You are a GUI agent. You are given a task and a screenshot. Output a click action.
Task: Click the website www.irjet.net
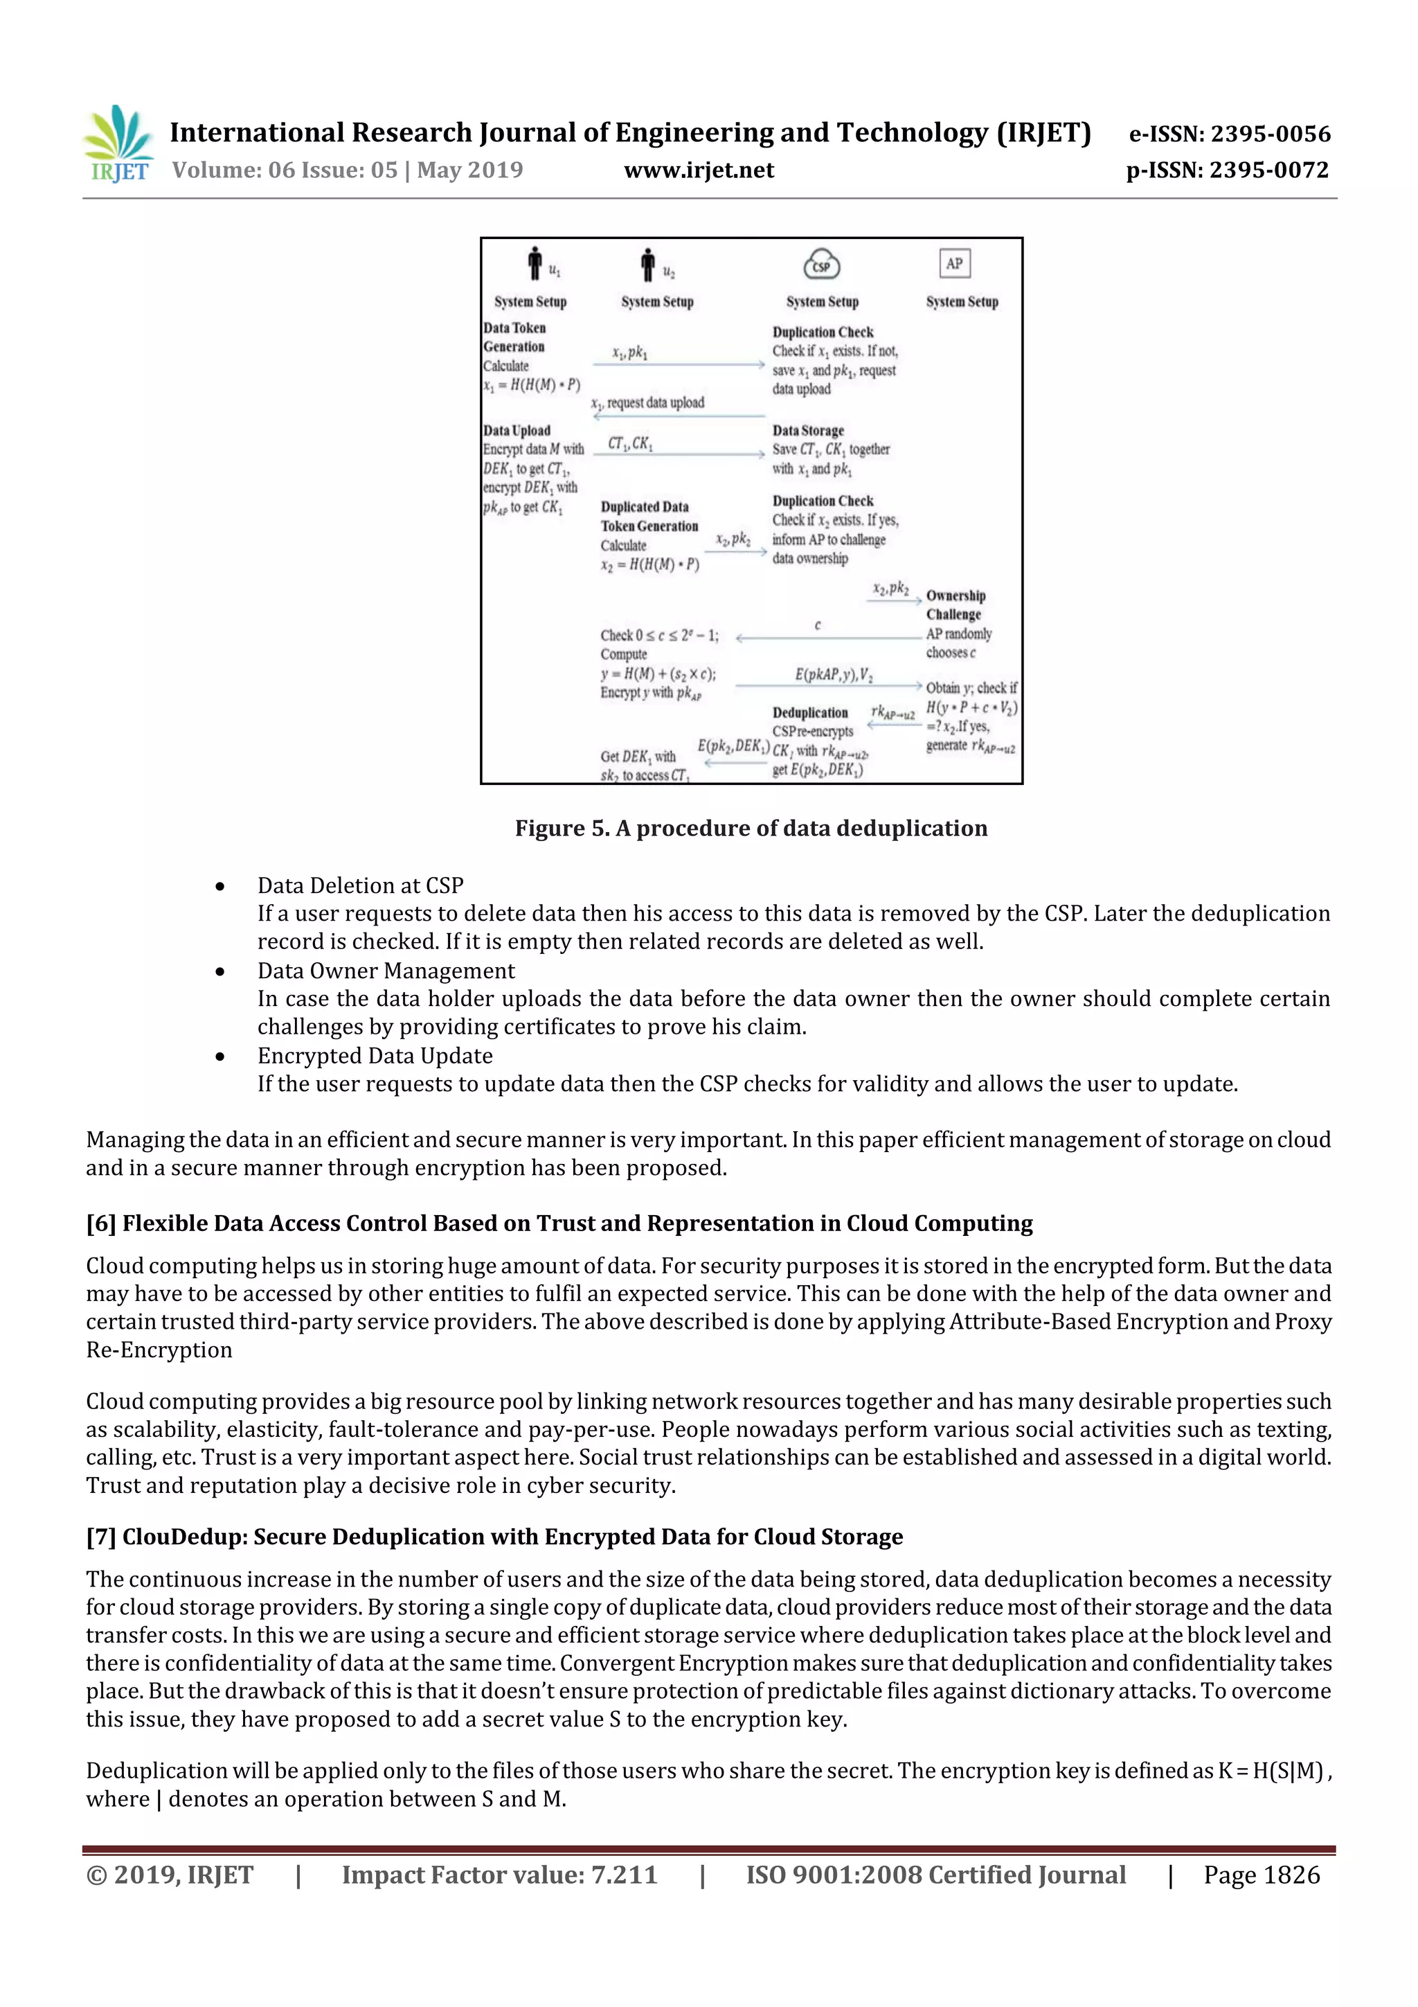698,170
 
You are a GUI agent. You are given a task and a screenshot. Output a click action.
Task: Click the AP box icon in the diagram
954,263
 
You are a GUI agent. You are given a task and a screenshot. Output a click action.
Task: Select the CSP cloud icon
821,265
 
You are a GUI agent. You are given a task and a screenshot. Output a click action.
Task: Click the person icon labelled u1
535,263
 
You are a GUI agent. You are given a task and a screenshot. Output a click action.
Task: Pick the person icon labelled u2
647,264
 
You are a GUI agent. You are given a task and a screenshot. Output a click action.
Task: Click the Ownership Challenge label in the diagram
955,605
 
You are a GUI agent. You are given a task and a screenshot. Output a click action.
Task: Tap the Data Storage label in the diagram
807,430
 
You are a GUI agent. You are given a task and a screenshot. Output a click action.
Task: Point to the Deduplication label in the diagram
810,712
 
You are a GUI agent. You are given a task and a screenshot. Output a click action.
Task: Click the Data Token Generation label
514,337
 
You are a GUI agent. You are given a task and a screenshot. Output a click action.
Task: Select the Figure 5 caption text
751,828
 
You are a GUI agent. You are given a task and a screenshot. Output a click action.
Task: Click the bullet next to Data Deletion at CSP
220,886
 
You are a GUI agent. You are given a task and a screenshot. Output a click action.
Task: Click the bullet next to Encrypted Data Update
220,1056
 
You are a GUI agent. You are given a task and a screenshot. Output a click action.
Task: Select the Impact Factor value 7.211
624,1875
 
